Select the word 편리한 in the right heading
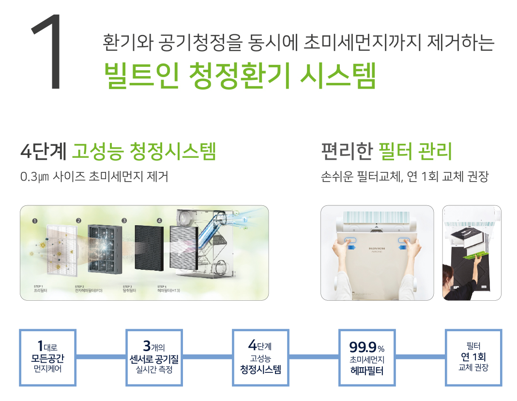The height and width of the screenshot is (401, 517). pyautogui.click(x=347, y=152)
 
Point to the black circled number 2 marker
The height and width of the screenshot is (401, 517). pyautogui.click(x=78, y=221)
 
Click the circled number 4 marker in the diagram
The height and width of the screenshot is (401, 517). pyautogui.click(x=159, y=221)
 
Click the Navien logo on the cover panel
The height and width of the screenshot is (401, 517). pyautogui.click(x=377, y=248)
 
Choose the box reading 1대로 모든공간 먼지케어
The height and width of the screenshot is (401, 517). pyautogui.click(x=47, y=357)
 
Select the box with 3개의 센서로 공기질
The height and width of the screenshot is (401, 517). pyautogui.click(x=154, y=357)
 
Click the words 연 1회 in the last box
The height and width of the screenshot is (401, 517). pyautogui.click(x=473, y=357)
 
